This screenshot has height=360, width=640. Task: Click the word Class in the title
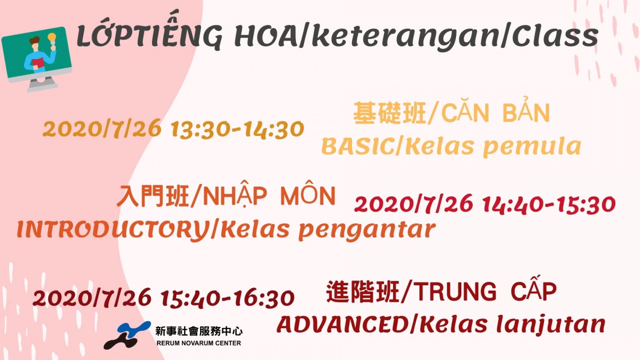click(x=555, y=36)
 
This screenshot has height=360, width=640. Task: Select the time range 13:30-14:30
click(x=237, y=130)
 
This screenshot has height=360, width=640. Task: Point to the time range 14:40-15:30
click(x=549, y=204)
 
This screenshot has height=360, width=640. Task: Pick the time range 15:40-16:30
click(x=228, y=298)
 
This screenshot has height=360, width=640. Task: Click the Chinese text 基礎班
click(x=390, y=114)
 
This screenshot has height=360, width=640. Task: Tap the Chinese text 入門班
click(x=153, y=196)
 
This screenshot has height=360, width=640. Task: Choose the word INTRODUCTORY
click(x=113, y=229)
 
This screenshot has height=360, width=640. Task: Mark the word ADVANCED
click(x=342, y=325)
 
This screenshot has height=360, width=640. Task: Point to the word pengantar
click(x=367, y=230)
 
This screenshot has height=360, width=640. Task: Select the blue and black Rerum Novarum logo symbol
click(x=127, y=335)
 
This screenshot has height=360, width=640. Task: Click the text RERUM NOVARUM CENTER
click(x=198, y=343)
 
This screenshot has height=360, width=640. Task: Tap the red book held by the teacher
click(x=38, y=63)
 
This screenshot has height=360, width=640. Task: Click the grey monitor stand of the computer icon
click(x=42, y=84)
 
